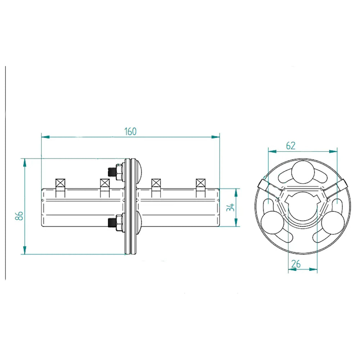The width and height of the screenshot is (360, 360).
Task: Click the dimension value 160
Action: coord(130,131)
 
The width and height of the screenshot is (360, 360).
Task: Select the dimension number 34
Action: coord(231,207)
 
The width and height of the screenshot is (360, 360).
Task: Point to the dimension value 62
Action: coord(291,145)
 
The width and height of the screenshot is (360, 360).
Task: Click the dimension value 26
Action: coord(296,264)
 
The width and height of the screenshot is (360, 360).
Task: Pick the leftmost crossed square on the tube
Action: coord(60,183)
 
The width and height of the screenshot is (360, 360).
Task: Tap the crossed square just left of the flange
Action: coord(104,183)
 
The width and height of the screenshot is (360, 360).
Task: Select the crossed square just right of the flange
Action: coord(156,183)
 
